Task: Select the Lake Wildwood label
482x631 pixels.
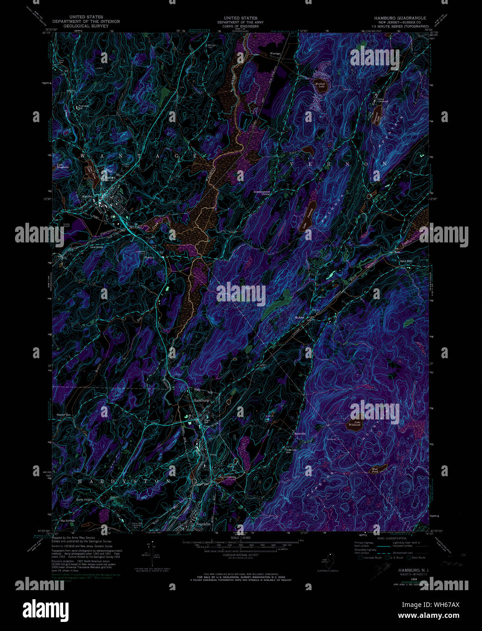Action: [x=354, y=424]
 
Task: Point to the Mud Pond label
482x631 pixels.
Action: [x=375, y=471]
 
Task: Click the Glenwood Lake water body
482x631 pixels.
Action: [x=376, y=119]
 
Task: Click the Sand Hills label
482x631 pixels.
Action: [x=393, y=261]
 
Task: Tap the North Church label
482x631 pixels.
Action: [x=84, y=500]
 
